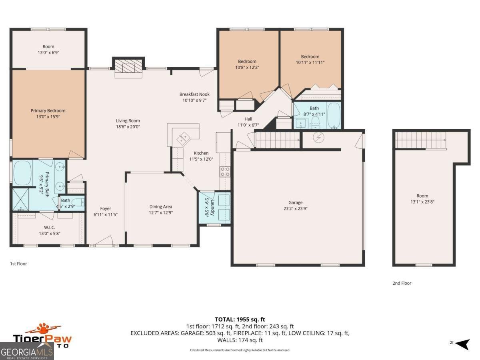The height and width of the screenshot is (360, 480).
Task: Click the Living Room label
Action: coord(128,121)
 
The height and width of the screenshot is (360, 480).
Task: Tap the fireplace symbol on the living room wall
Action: coord(128,68)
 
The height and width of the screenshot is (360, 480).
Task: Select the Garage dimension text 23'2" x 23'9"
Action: coord(296,208)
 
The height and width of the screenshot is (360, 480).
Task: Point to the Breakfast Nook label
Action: coord(194,94)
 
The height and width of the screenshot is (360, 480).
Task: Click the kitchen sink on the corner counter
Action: coord(184,138)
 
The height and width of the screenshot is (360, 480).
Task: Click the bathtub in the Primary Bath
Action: coord(23,173)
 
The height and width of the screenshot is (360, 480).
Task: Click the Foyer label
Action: coord(106,208)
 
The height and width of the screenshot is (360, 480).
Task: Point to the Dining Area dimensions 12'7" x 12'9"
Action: coord(161,212)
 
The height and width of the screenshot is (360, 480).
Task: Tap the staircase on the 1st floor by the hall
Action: coord(278,140)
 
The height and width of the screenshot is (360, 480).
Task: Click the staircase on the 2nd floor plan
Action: coord(421,140)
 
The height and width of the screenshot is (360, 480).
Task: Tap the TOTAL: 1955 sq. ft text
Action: coord(240,319)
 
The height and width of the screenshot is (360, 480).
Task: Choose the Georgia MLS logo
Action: coord(27,352)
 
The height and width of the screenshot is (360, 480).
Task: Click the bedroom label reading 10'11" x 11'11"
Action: coord(310,62)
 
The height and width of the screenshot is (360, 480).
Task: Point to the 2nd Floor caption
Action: coord(402,283)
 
